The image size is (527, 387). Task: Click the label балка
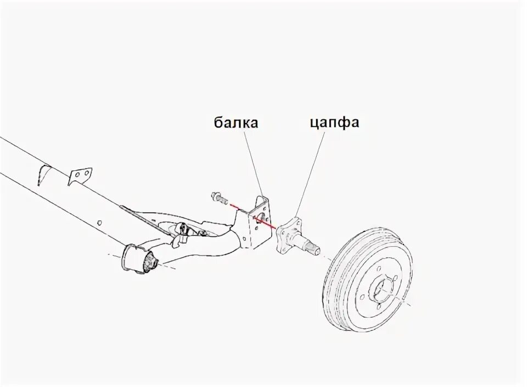(236, 123)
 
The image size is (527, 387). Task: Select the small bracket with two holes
(81, 175)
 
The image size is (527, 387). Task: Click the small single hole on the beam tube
(99, 223)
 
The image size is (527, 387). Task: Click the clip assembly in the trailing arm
(182, 229)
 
